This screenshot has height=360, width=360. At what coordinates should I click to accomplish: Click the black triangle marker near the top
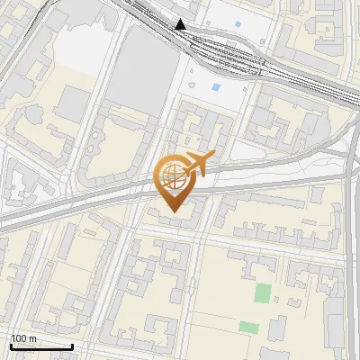click(x=181, y=24)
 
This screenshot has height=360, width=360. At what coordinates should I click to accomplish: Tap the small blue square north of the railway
click(x=238, y=23)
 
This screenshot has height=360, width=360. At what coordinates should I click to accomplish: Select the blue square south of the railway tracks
click(x=216, y=88)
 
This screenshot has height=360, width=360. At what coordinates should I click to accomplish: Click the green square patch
click(x=262, y=293)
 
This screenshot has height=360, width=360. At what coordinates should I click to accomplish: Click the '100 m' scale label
click(x=24, y=338)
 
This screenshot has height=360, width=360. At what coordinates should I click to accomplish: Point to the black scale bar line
click(x=41, y=346)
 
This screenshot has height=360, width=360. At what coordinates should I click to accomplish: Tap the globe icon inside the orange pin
click(x=171, y=176)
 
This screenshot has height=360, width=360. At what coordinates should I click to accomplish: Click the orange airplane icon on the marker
click(x=199, y=163)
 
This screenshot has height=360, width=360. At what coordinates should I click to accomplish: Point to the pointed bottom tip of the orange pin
click(x=174, y=212)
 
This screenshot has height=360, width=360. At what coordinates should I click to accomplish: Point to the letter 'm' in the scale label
click(x=32, y=338)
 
